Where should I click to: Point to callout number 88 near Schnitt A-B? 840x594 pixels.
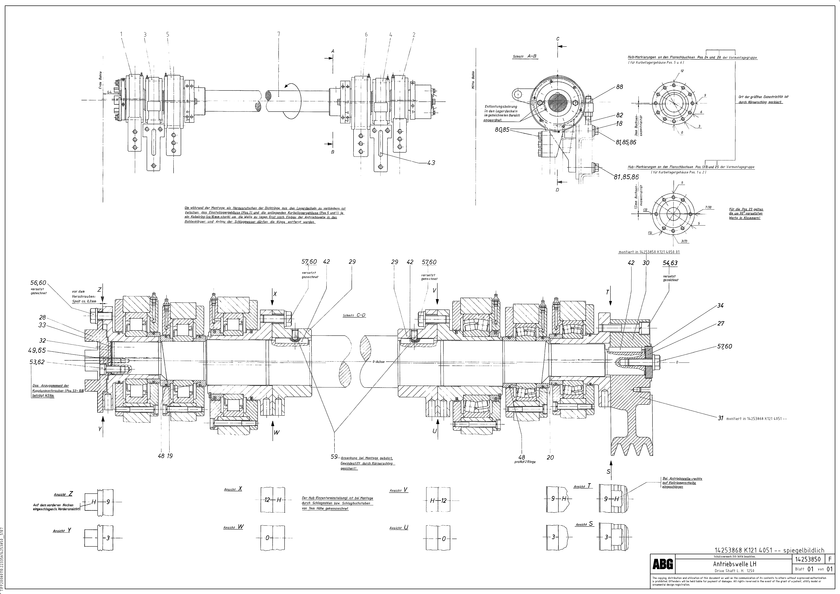(619, 87)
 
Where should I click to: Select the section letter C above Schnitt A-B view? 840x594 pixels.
(558, 39)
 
